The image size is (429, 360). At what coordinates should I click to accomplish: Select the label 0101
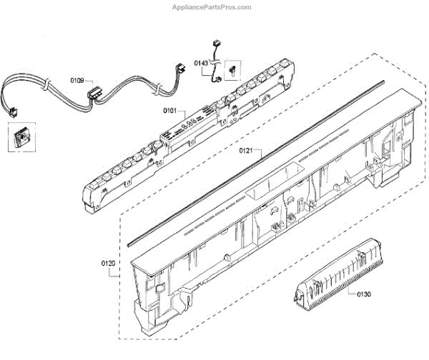pos(170,111)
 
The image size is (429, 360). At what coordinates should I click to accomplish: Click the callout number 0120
pos(108,263)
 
